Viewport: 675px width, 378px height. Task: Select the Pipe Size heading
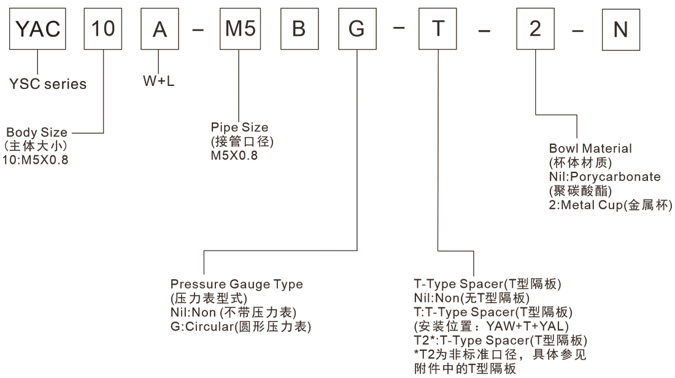(239, 128)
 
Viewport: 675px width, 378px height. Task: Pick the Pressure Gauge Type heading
(236, 284)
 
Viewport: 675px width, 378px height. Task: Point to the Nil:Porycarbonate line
(604, 177)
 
